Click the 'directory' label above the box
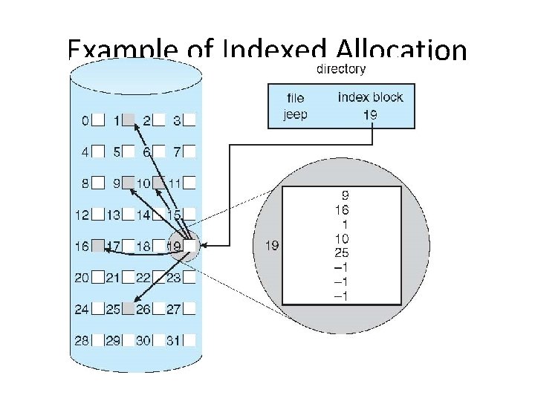[x=341, y=69]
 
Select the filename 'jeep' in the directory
[x=295, y=114]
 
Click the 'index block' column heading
[x=371, y=97]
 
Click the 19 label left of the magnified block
[x=271, y=245]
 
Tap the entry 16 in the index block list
[x=343, y=210]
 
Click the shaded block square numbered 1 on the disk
[x=129, y=119]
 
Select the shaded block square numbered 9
[x=129, y=183]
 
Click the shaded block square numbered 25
[x=129, y=308]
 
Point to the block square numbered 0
[x=98, y=119]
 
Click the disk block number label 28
[x=82, y=340]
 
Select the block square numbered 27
[x=190, y=308]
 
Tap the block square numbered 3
[x=190, y=119]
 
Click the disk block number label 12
[x=82, y=215]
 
